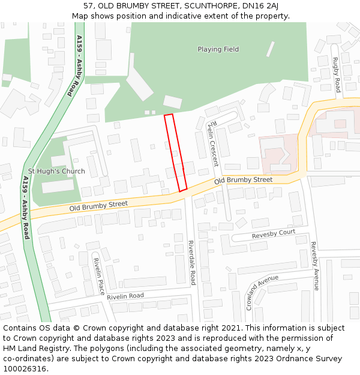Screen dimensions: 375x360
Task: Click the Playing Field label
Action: pos(218,49)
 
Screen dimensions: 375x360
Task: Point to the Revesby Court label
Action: pos(274,233)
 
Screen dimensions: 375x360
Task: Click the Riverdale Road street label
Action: pos(192,262)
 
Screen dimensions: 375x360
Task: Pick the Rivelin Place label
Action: pos(99,276)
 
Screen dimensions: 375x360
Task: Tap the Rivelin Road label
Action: pos(126,296)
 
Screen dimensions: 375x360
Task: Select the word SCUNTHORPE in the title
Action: pos(205,6)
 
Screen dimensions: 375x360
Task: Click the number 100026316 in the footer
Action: pos(26,369)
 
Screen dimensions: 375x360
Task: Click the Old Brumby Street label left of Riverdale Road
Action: pos(98,205)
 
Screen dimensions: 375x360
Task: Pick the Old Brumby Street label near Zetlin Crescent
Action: pos(243,179)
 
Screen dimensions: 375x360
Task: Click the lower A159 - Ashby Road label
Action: pos(26,208)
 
